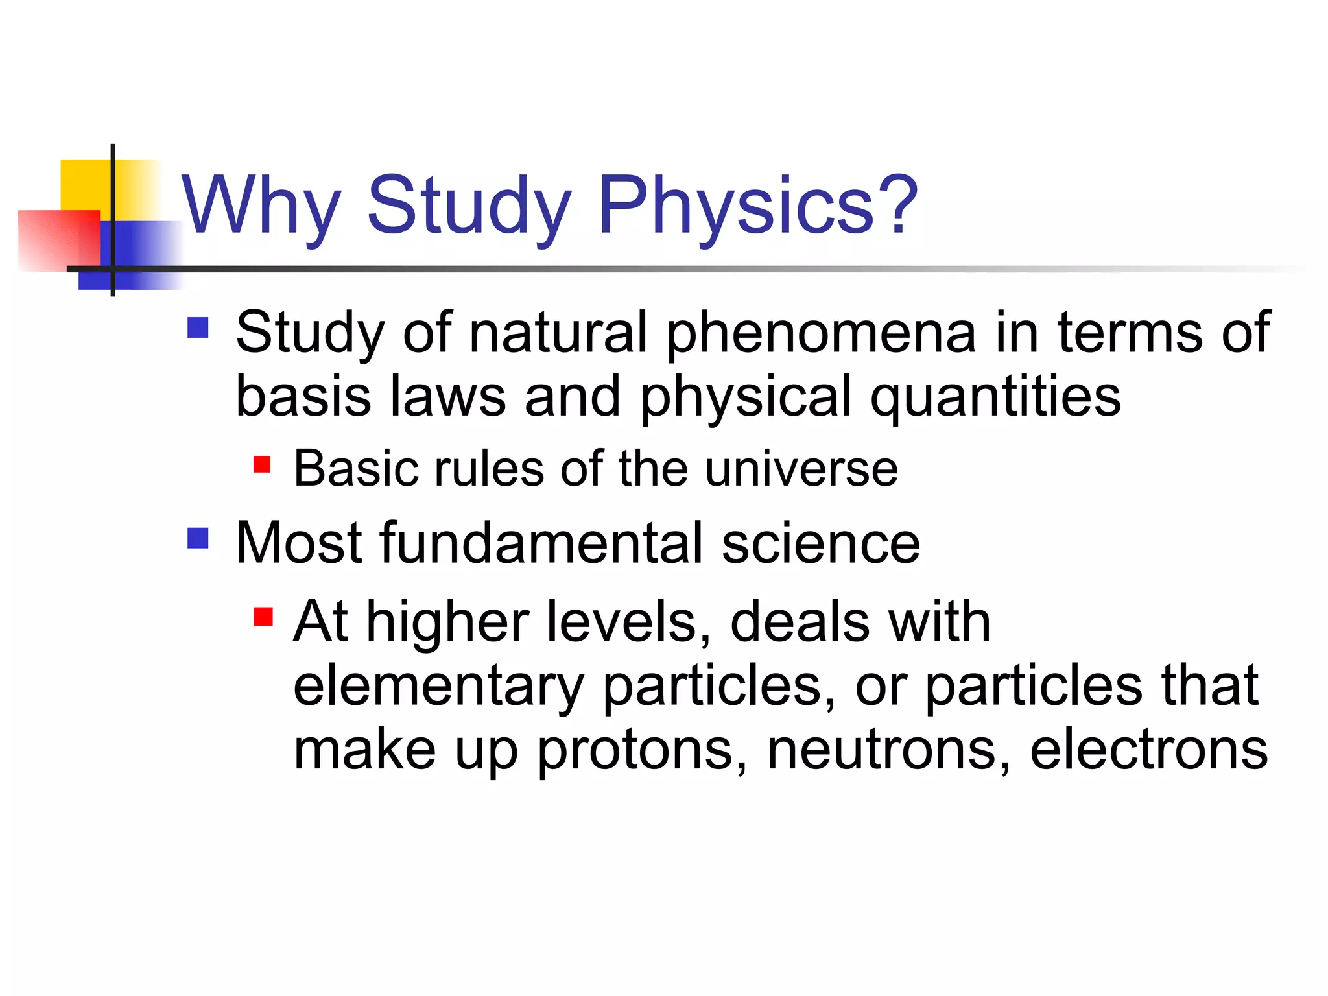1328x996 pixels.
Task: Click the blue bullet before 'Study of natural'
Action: (198, 327)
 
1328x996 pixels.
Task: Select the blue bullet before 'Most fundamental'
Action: (198, 538)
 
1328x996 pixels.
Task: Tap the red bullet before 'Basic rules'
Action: (262, 465)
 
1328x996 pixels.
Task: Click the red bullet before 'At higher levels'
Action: (263, 616)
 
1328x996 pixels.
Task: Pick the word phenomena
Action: (820, 334)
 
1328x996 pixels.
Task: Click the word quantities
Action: (995, 397)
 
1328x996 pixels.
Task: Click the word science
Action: (820, 544)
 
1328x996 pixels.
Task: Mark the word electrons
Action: (1148, 750)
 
